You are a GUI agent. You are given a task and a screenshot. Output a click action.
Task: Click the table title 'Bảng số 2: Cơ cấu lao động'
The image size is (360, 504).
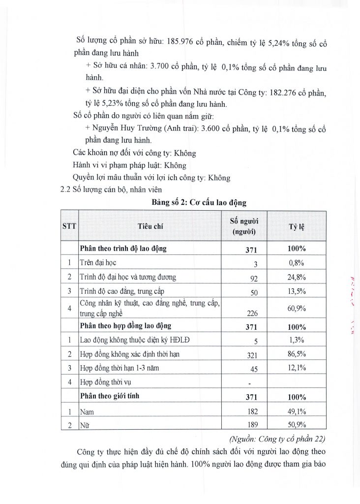tap(200, 202)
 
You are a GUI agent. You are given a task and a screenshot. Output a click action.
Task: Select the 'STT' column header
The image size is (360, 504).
tap(69, 226)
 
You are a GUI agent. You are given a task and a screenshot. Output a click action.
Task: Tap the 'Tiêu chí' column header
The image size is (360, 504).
tap(150, 226)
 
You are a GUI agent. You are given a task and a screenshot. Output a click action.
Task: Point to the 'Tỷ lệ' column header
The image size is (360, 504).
tap(297, 226)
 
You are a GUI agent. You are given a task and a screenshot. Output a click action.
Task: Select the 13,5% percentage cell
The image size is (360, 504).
tap(297, 291)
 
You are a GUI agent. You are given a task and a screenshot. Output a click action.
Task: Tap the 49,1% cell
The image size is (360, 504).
tap(297, 411)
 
